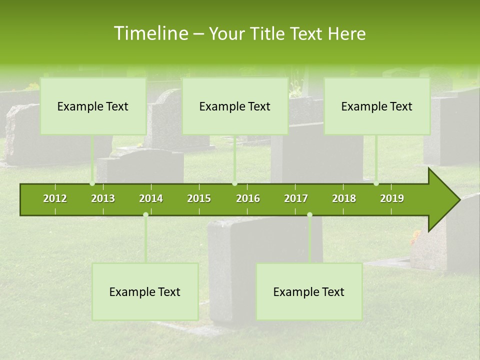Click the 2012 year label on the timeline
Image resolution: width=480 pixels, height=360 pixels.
click(x=55, y=198)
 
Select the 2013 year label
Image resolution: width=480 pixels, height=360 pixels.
click(x=103, y=198)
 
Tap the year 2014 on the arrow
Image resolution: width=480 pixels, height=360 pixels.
click(x=151, y=198)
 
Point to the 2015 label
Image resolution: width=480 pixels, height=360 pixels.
click(x=199, y=198)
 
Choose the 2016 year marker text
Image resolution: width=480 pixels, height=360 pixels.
click(x=248, y=198)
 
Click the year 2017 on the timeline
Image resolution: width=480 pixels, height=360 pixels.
click(x=296, y=198)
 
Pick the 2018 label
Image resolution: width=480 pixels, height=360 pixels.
click(x=344, y=198)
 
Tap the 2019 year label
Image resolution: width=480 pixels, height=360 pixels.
click(x=392, y=198)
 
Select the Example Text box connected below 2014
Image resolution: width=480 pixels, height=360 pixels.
click(x=145, y=291)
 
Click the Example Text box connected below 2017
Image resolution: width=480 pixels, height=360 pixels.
click(x=309, y=291)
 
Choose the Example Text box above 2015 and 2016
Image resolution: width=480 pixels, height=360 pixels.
click(x=235, y=106)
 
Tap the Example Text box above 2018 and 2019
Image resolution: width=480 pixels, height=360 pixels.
click(x=377, y=106)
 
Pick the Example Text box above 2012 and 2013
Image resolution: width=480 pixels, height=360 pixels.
click(x=93, y=106)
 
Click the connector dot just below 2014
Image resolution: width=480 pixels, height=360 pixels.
click(x=145, y=215)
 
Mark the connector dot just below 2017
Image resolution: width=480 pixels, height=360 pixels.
click(x=309, y=215)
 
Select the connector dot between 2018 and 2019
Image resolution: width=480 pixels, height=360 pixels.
click(x=376, y=183)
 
